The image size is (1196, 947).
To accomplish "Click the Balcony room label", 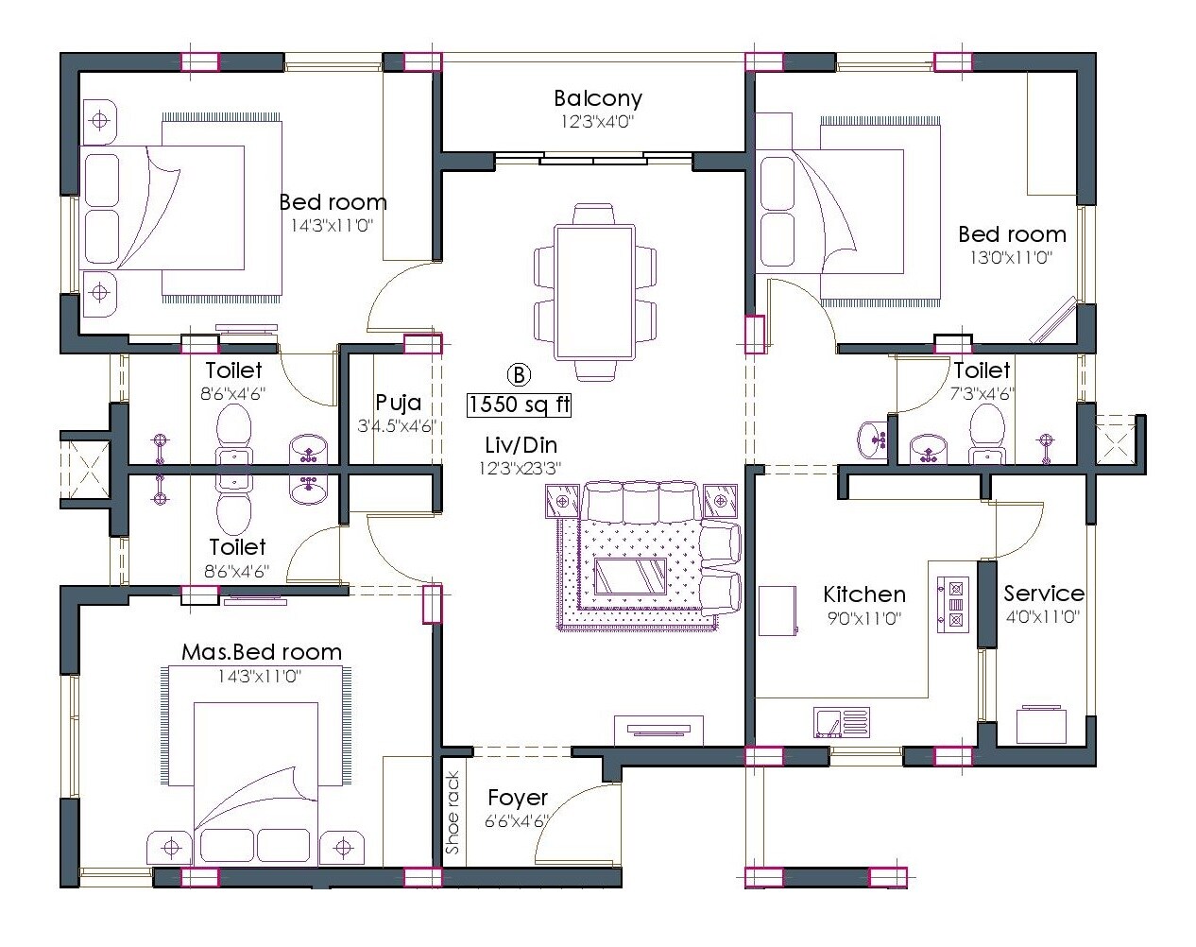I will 597,98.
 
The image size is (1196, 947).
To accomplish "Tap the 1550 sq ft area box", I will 520,405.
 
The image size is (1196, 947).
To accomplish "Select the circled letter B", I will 520,374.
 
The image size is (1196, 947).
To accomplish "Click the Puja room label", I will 398,404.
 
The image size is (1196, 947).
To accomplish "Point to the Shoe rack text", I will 453,814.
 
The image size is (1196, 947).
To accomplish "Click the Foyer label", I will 518,798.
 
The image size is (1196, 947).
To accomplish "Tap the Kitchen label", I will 863,594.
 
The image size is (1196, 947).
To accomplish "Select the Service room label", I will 1043,594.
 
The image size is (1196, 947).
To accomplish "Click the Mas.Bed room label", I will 262,652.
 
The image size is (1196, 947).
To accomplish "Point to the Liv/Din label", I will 521,445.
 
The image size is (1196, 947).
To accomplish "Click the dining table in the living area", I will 595,291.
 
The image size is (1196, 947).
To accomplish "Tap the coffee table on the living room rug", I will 630,575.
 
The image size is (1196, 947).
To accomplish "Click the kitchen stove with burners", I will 952,603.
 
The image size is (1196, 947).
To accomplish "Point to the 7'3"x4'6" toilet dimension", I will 982,393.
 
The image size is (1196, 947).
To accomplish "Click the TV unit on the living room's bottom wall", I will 658,729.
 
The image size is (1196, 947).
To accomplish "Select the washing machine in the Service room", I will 1041,725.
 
